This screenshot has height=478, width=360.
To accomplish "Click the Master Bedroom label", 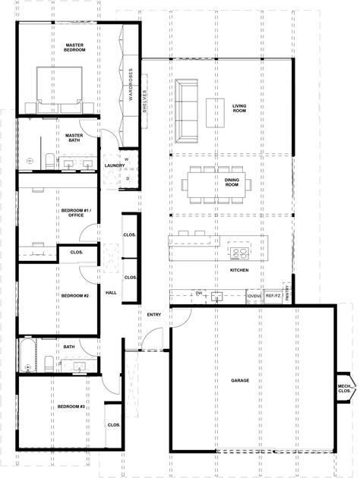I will pos(74,47).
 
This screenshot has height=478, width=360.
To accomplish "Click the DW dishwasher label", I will pos(197,293).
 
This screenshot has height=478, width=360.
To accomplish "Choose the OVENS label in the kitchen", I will pos(254,295).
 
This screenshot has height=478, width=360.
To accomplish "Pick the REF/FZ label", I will pos(273,295).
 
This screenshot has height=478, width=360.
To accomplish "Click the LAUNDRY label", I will pos(115,165).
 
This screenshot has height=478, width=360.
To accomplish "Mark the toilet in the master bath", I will pos(47,159).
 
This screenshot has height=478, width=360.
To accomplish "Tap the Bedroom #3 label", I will pos(71,407).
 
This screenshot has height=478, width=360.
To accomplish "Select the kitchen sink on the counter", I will pos(216,294).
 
